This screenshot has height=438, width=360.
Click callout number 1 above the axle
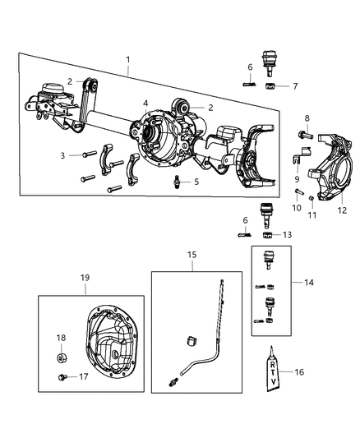click(127, 61)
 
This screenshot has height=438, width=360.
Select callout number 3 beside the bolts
click(62, 154)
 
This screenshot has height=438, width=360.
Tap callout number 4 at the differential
click(145, 103)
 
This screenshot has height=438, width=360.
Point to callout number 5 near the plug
click(196, 182)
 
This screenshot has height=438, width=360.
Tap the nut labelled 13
click(268, 234)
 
